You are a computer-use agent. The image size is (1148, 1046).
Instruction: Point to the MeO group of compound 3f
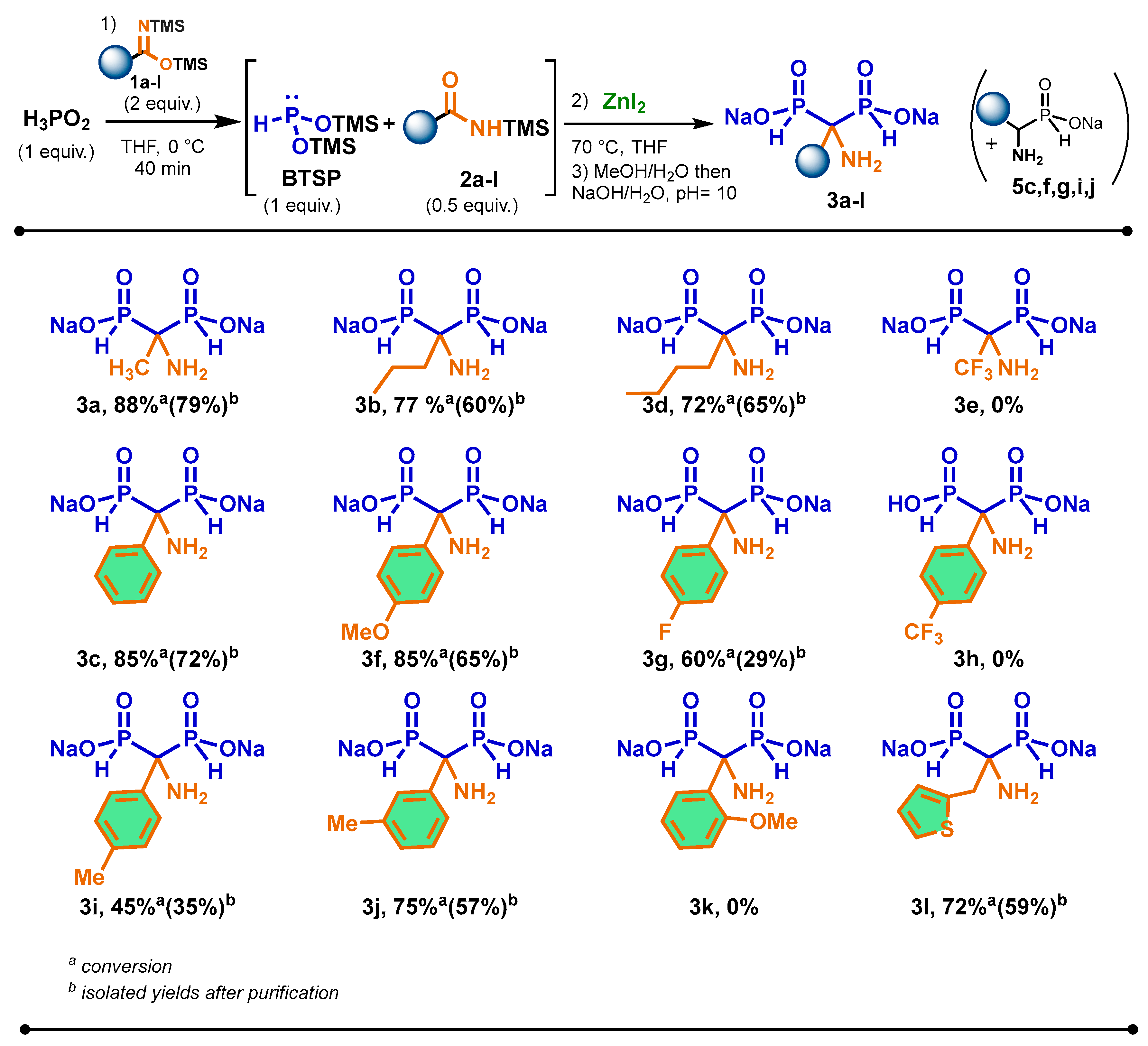(365, 632)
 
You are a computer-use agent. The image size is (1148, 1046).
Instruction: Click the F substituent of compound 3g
(664, 632)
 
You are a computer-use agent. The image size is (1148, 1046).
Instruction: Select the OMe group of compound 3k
(773, 822)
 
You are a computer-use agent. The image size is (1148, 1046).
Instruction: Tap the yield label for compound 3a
(157, 404)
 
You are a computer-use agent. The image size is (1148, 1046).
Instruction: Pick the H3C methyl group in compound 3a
(129, 369)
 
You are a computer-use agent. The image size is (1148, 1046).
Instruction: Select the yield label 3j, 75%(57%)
(439, 906)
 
